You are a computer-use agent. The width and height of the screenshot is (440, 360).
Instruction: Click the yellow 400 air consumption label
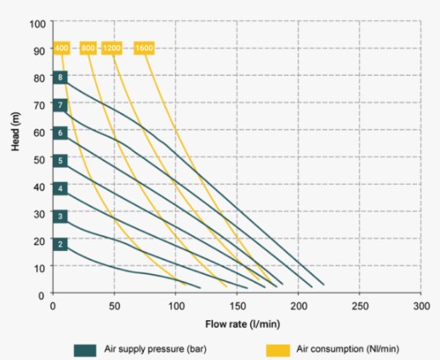(61, 48)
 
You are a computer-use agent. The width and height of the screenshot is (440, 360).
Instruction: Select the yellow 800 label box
(88, 48)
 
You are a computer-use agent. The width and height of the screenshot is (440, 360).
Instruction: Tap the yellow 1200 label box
(111, 48)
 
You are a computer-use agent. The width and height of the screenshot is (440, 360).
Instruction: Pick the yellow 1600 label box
(144, 48)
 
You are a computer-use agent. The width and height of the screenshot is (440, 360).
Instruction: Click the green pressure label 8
(60, 77)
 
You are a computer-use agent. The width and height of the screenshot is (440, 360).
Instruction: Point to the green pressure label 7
(60, 106)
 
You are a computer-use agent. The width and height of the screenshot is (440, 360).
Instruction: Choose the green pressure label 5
(60, 161)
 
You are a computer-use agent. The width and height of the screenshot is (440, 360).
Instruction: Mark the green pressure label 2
(60, 244)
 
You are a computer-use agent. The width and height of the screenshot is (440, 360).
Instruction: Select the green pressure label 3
(60, 216)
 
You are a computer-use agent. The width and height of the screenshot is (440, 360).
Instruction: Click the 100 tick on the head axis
(37, 24)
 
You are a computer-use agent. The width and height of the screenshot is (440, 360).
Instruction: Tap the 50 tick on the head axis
(39, 160)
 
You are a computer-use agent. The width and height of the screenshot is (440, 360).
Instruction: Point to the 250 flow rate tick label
(360, 306)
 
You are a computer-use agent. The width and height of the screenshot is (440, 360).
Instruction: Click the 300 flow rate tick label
(421, 306)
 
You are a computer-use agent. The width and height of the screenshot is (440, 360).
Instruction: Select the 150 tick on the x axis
(237, 306)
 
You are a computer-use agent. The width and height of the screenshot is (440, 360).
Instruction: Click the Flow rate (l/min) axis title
(243, 324)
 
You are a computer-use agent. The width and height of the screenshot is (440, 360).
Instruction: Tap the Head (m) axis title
(15, 131)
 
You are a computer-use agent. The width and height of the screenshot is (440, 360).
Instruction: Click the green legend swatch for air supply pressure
(85, 350)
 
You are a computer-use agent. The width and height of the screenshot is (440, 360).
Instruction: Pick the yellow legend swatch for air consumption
(278, 350)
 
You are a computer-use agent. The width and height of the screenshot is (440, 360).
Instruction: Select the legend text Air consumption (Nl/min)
(348, 349)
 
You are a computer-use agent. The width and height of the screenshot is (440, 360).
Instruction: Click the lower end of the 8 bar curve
(323, 284)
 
